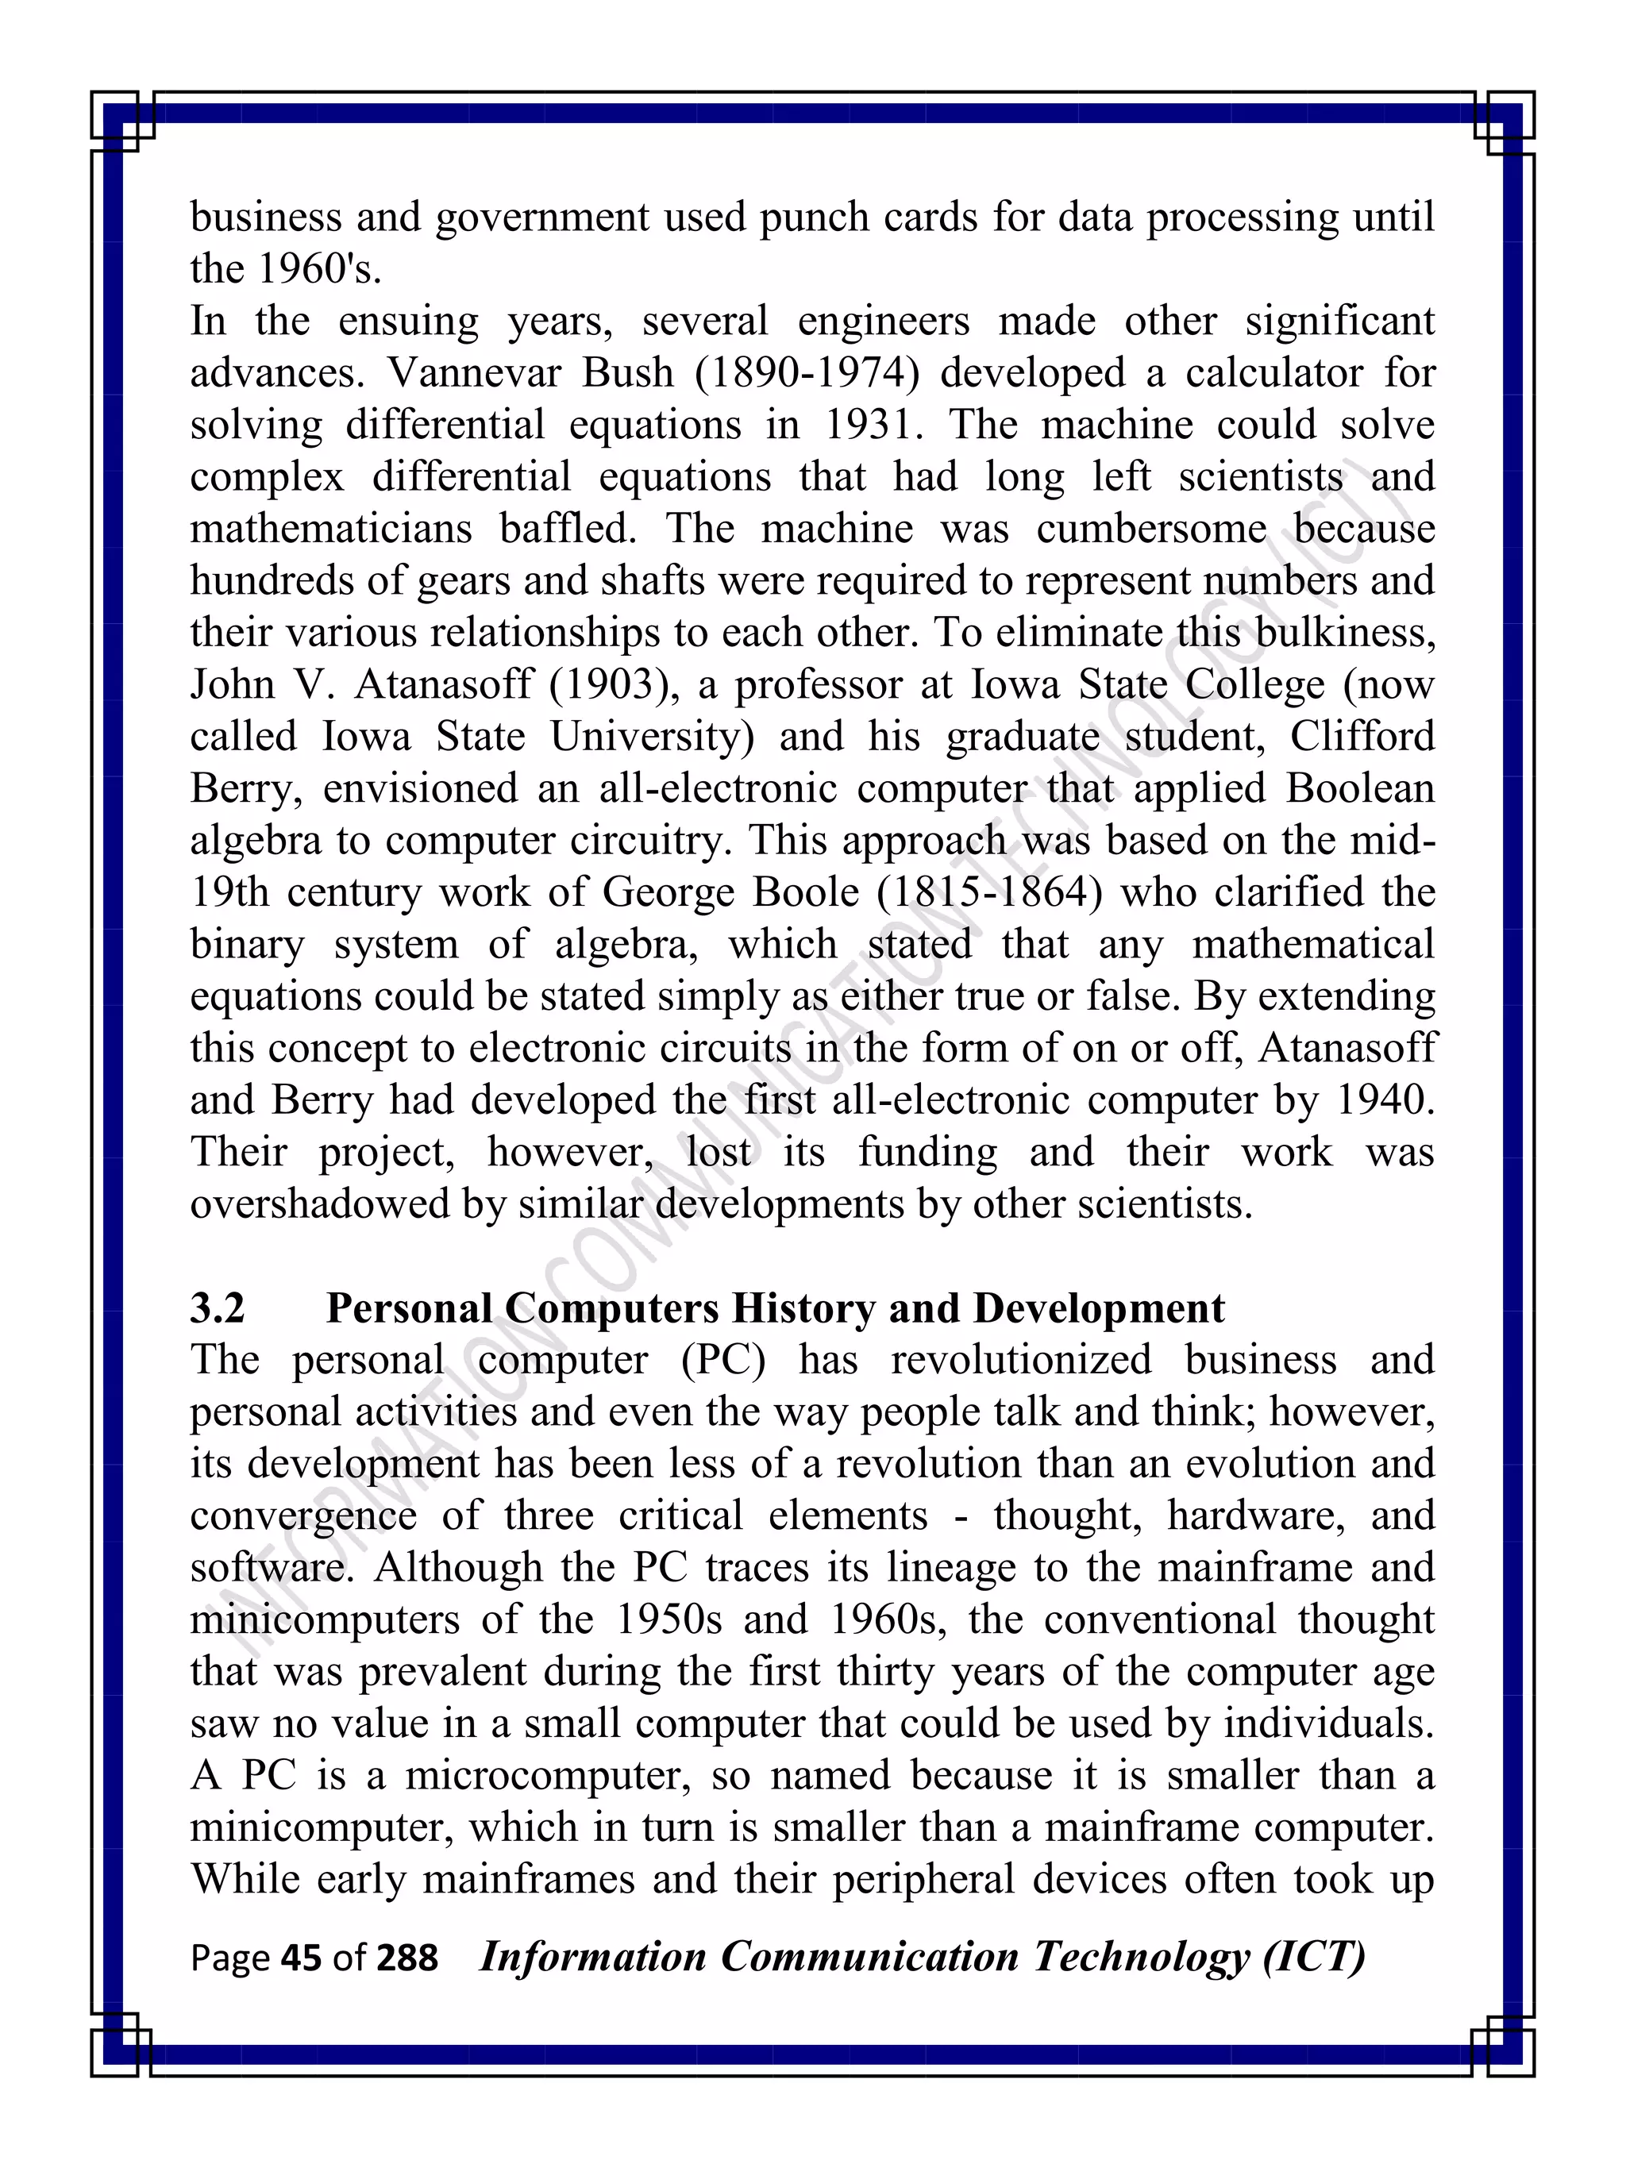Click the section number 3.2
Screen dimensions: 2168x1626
pyautogui.click(x=218, y=1307)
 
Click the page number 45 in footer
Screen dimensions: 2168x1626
pyautogui.click(x=301, y=1958)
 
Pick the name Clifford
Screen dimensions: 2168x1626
pyautogui.click(x=1362, y=736)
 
